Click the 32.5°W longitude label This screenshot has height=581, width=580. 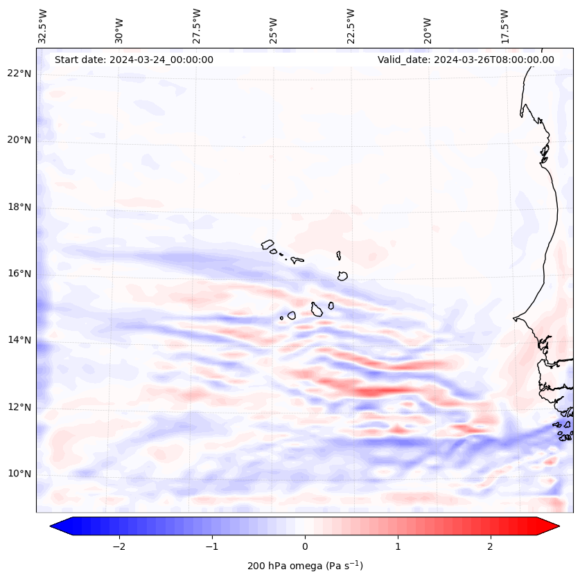point(43,26)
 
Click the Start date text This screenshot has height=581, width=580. point(134,60)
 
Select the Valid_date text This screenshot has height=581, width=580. point(466,60)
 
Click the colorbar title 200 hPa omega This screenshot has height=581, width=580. point(305,566)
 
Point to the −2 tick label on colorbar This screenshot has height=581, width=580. point(118,546)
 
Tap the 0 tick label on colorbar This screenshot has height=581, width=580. point(305,546)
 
